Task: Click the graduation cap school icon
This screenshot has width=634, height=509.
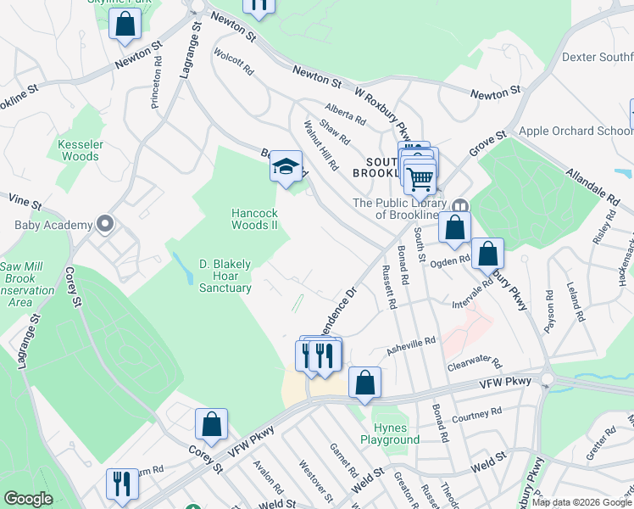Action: pos(286,167)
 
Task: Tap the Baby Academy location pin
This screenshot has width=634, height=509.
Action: pos(105,225)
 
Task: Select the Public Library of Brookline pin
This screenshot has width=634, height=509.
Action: pos(460,206)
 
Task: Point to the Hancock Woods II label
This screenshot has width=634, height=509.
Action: pos(254,219)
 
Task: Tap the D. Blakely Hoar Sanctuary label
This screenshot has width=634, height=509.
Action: pos(225,276)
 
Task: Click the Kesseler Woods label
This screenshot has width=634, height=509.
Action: pos(80,150)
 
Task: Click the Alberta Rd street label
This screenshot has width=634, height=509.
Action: pos(345,114)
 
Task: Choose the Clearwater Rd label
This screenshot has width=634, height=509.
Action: pos(475,365)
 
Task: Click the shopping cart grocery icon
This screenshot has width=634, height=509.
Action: pos(420,178)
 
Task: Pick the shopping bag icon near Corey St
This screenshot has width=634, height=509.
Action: pos(211,425)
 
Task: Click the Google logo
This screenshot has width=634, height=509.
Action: pos(29,499)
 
